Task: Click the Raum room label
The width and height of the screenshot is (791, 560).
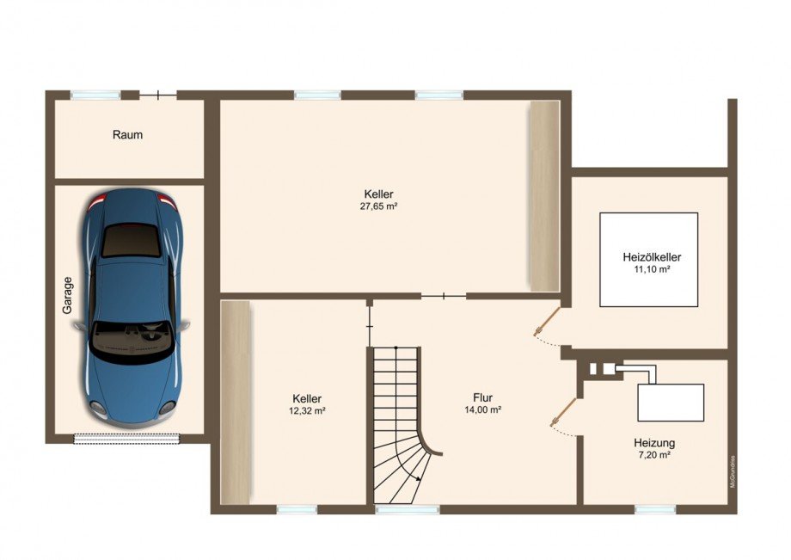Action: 127,135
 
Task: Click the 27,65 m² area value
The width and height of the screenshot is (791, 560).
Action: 378,206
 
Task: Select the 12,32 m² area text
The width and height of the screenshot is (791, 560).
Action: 307,411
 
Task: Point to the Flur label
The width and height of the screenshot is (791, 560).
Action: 482,397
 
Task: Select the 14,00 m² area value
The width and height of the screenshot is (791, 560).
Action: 482,410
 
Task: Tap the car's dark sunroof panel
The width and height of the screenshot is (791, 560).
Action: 131,241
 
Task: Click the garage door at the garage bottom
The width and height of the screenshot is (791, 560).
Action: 127,439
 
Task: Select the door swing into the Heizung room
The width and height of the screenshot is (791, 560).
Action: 560,418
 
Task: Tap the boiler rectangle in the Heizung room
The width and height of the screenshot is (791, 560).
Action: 671,402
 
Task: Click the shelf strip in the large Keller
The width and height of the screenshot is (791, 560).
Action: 543,196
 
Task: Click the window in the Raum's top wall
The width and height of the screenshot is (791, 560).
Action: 95,95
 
